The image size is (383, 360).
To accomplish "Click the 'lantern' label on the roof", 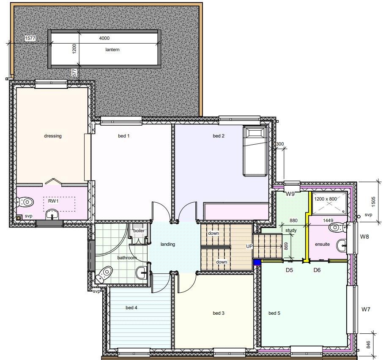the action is [x=112, y=49].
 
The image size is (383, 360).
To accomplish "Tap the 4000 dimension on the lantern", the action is [x=104, y=38].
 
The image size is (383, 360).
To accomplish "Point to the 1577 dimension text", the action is [x=30, y=38].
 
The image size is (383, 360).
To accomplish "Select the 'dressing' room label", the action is [x=53, y=136].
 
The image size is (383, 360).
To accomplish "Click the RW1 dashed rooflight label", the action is [x=53, y=201].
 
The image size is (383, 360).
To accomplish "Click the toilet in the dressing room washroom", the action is [x=25, y=202].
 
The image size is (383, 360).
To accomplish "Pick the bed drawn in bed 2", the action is [x=254, y=151].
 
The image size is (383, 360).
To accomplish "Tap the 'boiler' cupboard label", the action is [x=139, y=231].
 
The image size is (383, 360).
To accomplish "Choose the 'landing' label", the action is [x=168, y=244].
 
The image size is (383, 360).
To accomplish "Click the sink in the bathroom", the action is [x=142, y=272].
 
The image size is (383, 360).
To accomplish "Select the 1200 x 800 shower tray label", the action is [x=326, y=199].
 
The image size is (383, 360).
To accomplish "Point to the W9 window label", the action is [x=290, y=194].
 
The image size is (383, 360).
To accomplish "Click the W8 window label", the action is [x=364, y=236].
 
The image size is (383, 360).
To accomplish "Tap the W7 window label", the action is [x=366, y=309].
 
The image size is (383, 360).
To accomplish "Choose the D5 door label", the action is [x=289, y=270].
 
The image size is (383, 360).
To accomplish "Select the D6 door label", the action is [x=317, y=270].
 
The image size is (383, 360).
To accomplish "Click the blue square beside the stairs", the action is [x=257, y=262].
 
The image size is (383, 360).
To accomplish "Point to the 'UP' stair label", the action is [x=249, y=246].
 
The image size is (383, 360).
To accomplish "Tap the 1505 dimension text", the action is [x=373, y=202].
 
